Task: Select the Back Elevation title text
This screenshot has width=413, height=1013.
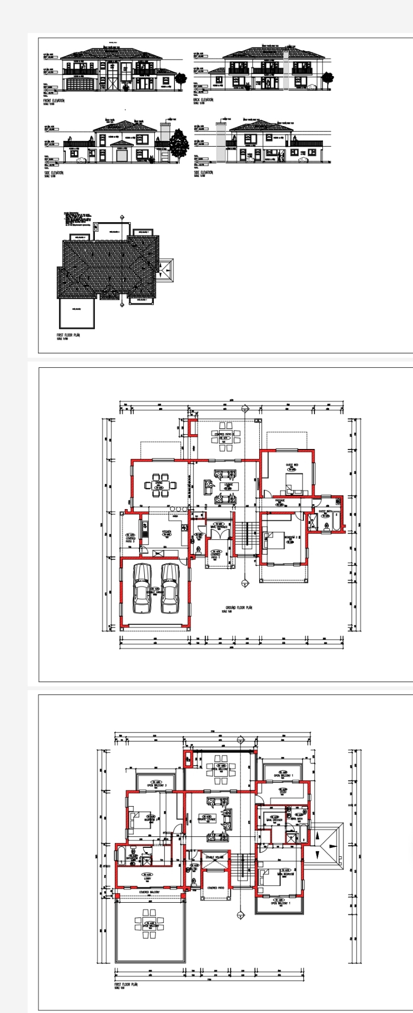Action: [x=203, y=99]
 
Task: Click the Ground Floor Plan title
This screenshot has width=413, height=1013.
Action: [x=239, y=607]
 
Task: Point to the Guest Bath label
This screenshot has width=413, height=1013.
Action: [x=325, y=511]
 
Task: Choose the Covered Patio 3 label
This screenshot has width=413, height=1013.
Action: [x=130, y=539]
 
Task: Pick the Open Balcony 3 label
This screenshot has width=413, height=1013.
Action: [x=157, y=786]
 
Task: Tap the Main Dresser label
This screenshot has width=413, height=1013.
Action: [x=274, y=820]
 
